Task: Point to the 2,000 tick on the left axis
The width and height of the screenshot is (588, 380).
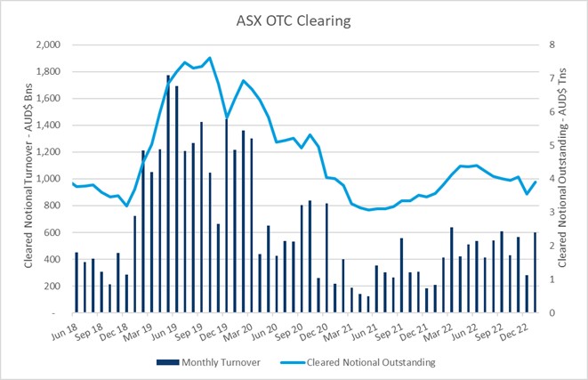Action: (x=46, y=44)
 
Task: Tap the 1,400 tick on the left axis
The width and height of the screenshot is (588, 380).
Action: (x=46, y=125)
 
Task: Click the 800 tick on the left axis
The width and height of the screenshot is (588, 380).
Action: (x=52, y=206)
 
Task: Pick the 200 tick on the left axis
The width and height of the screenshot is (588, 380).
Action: (x=52, y=287)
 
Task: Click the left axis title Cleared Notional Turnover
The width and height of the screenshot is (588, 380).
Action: (x=15, y=178)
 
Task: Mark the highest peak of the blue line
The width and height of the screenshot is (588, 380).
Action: (x=210, y=58)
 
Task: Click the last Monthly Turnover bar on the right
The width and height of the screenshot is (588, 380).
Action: (x=535, y=272)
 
